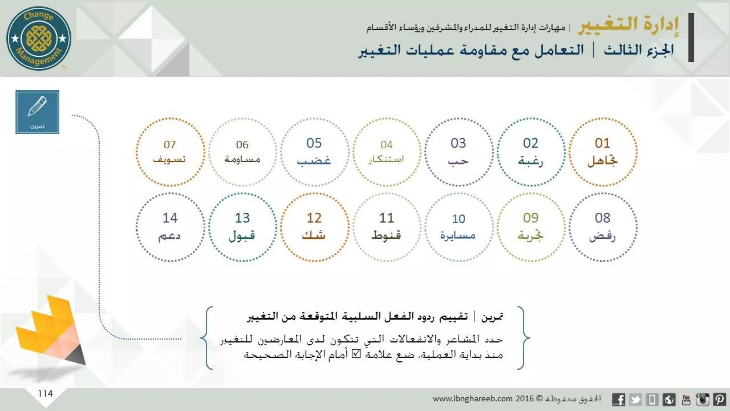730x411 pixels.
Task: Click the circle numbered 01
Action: pyautogui.click(x=603, y=152)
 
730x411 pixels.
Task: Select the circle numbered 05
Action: pyautogui.click(x=314, y=152)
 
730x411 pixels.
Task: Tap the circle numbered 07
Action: pyautogui.click(x=170, y=152)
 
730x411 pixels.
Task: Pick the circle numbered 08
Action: pyautogui.click(x=603, y=227)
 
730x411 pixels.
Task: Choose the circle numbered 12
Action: pyautogui.click(x=314, y=227)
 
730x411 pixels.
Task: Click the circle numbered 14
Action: pyautogui.click(x=170, y=227)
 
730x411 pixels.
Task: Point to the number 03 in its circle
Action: pyautogui.click(x=458, y=143)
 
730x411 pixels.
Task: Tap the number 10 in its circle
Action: pyautogui.click(x=458, y=219)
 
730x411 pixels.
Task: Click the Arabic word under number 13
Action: pyautogui.click(x=242, y=236)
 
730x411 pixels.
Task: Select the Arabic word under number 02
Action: pyautogui.click(x=530, y=161)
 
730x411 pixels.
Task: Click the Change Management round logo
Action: pyautogui.click(x=39, y=38)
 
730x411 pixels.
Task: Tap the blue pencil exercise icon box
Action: pyautogui.click(x=37, y=112)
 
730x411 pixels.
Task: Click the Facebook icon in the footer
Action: pyautogui.click(x=618, y=399)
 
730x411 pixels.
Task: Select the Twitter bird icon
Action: pyautogui.click(x=635, y=399)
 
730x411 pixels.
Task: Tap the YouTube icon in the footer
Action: pyautogui.click(x=686, y=399)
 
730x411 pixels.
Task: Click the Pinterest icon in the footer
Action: pyautogui.click(x=719, y=399)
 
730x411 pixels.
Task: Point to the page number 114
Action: pyautogui.click(x=45, y=394)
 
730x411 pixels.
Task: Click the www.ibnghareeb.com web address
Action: pyautogui.click(x=473, y=399)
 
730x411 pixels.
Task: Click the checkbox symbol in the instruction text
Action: pyautogui.click(x=356, y=354)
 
